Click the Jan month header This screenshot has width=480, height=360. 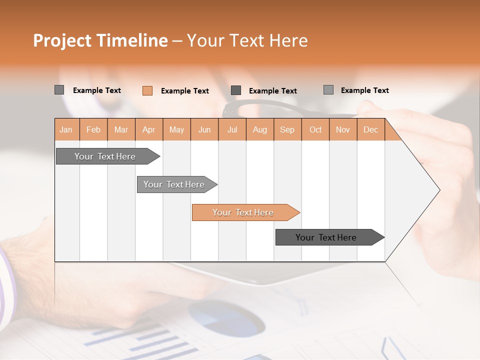66,129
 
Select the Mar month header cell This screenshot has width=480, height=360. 121,129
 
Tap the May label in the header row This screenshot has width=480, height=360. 176,129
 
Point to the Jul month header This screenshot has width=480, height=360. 232,129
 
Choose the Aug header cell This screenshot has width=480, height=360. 259,129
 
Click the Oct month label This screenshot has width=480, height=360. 315,129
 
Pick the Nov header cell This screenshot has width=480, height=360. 342,129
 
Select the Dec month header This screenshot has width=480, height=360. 370,129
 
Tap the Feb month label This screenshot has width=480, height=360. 93,129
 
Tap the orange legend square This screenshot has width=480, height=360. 147,90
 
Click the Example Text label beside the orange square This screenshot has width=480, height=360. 184,91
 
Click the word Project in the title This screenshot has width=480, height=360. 62,40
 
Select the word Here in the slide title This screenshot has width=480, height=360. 288,40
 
